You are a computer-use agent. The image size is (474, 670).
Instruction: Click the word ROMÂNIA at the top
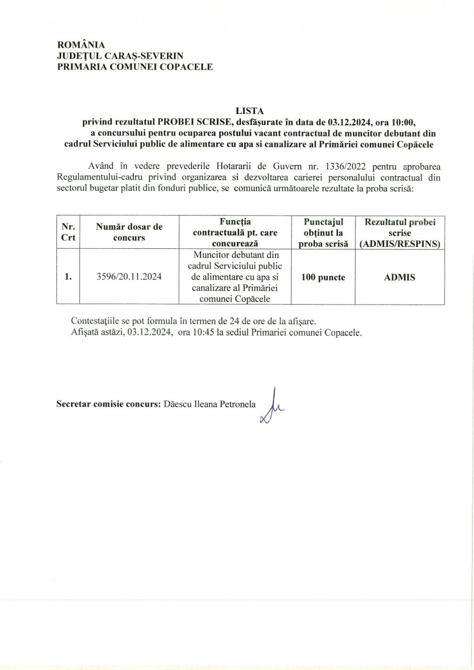point(81,45)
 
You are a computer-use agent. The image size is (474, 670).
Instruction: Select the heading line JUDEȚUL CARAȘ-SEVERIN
point(120,56)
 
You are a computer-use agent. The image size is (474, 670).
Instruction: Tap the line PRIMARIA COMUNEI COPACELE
point(135,67)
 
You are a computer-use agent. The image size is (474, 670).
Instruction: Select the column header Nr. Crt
point(68,233)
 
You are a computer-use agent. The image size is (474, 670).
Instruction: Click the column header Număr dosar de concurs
point(129,232)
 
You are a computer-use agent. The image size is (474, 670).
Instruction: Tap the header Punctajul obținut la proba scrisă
point(323,233)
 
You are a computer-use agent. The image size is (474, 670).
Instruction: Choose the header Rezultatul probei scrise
point(400,233)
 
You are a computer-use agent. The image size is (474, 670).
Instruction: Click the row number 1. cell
point(68,277)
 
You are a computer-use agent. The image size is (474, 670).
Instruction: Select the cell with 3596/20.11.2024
point(129,277)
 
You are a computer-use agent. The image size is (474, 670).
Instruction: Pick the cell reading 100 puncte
point(323,277)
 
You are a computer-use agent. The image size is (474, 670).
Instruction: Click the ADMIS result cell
point(400,277)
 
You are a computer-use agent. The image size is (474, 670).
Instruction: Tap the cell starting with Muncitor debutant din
point(235,277)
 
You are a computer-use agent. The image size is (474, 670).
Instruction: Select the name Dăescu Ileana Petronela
point(209,404)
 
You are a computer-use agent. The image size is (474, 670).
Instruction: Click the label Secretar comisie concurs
point(108,404)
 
